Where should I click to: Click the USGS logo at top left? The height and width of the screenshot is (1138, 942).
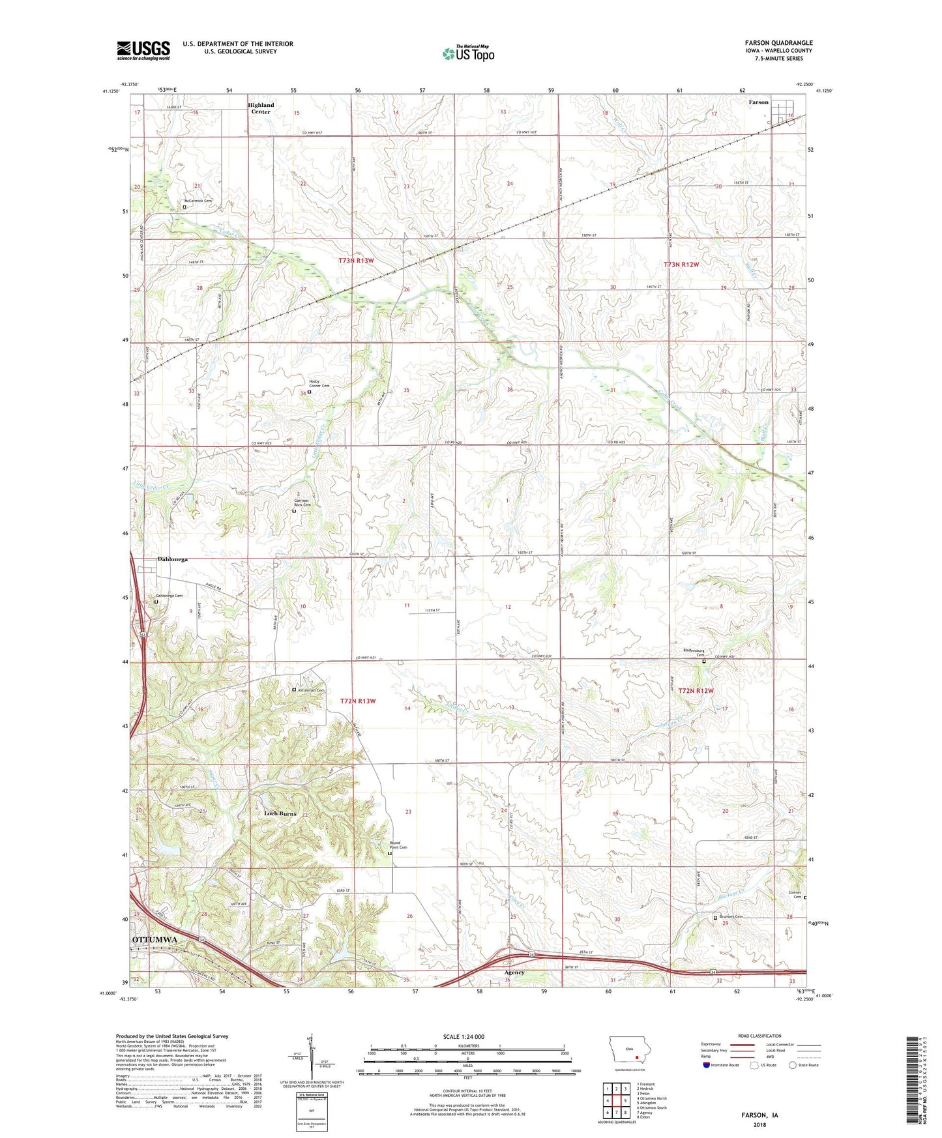coord(143,50)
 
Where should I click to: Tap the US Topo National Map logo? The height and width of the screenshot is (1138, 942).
coord(468,53)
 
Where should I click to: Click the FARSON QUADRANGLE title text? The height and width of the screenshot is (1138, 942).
coord(778,43)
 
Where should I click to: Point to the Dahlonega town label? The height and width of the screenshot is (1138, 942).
coord(173,559)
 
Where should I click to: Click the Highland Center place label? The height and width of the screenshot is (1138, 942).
coord(261,108)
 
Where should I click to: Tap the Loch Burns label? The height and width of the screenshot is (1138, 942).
coord(280,813)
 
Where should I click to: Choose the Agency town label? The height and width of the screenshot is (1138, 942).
coord(514,972)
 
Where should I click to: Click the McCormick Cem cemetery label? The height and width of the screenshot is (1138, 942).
coord(198,201)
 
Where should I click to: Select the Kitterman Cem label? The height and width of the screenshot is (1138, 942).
coord(312,690)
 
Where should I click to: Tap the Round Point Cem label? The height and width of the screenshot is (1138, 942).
coord(398,845)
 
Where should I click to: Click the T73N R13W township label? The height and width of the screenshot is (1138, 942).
coord(356,261)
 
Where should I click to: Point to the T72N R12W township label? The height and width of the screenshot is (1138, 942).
coord(696,691)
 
